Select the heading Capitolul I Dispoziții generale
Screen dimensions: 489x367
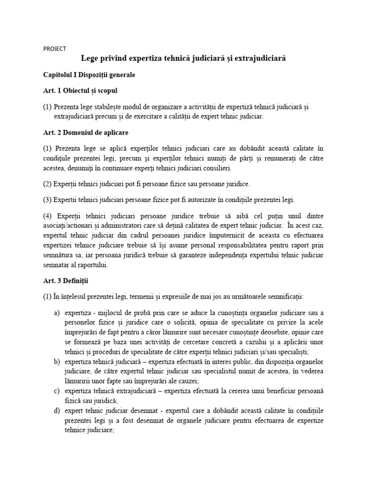click(x=90, y=75)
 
